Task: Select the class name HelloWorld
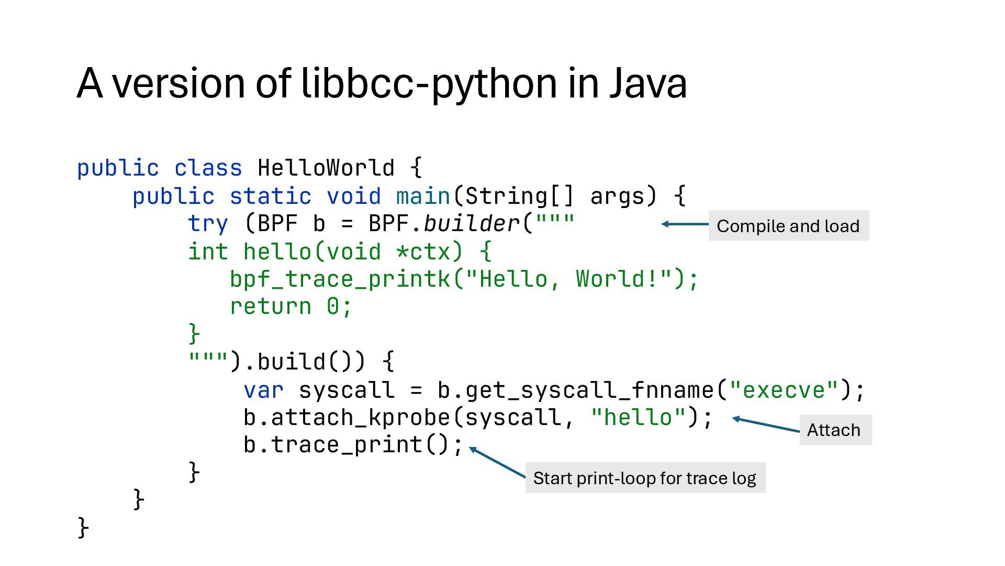coord(326,168)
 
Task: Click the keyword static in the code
coord(270,196)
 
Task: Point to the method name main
coord(423,196)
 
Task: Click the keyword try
coord(208,224)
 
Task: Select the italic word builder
coord(471,224)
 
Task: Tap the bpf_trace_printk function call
coord(340,279)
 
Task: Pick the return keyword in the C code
coord(270,307)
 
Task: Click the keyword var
coord(263,390)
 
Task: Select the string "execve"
coord(785,390)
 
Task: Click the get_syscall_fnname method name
coord(589,390)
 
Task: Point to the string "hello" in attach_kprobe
coord(638,418)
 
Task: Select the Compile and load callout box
coord(788,226)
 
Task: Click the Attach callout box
coord(835,430)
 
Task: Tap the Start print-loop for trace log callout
coord(645,478)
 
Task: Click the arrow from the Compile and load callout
coord(685,224)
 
